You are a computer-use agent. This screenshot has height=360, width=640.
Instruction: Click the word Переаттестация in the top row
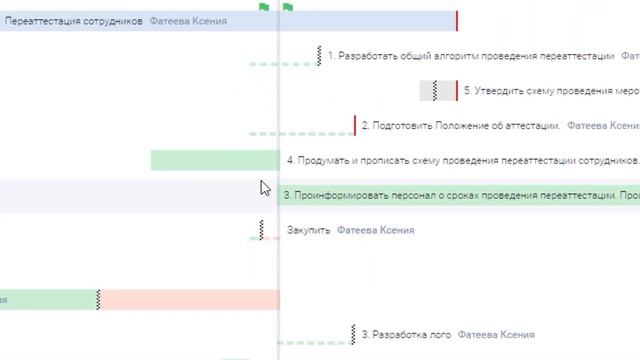click(x=39, y=21)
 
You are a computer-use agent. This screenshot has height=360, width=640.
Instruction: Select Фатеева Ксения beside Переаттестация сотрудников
click(x=188, y=21)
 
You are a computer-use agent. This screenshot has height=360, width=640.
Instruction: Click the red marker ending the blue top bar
click(x=457, y=21)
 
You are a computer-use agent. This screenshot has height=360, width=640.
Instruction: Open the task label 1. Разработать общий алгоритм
click(x=471, y=57)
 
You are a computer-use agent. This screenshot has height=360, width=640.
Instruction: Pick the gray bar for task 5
click(x=437, y=91)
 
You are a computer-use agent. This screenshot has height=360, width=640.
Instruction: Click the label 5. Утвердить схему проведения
click(x=551, y=91)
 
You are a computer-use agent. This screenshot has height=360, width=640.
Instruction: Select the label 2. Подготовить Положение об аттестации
click(x=460, y=126)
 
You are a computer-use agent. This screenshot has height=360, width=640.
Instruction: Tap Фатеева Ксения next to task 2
click(x=603, y=126)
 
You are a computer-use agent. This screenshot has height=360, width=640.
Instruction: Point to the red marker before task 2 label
click(x=354, y=126)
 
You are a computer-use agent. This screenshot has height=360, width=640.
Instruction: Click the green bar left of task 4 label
click(x=214, y=160)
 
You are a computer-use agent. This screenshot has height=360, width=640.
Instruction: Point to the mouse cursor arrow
click(x=264, y=187)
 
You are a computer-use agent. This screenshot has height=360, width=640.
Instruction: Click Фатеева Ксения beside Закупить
click(x=375, y=230)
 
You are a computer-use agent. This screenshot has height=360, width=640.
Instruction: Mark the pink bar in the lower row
click(x=189, y=299)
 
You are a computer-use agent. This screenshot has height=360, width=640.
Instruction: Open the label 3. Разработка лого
click(x=406, y=334)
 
